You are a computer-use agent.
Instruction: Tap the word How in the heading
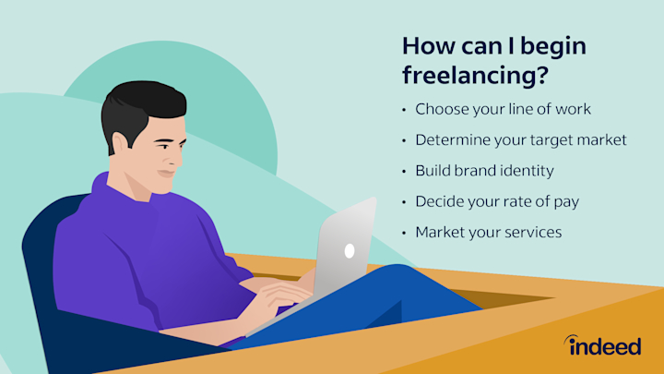tap(431, 45)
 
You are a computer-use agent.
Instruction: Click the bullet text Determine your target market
tap(521, 140)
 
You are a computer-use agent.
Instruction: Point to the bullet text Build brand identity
tap(483, 171)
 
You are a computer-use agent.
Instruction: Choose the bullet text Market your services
tap(488, 232)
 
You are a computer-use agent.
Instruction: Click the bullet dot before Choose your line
tap(404, 110)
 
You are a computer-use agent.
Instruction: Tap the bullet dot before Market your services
tap(404, 233)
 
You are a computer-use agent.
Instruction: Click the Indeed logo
tap(603, 345)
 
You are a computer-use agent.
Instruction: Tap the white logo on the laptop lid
tap(349, 250)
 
